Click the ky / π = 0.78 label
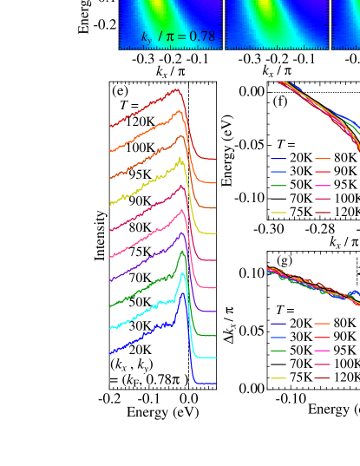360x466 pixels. coord(178,36)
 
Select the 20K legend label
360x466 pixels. coord(300,324)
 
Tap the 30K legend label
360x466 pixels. coord(300,338)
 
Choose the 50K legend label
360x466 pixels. coord(300,351)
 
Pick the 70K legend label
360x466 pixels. coord(300,364)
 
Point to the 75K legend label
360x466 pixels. coord(300,378)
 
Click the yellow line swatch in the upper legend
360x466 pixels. coord(278,212)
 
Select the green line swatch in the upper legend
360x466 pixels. coord(278,186)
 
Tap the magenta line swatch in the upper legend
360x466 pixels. coord(323,186)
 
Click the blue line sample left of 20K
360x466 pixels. coord(278,324)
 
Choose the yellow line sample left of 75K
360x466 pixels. coord(278,378)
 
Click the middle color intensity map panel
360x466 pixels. coord(276,23)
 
